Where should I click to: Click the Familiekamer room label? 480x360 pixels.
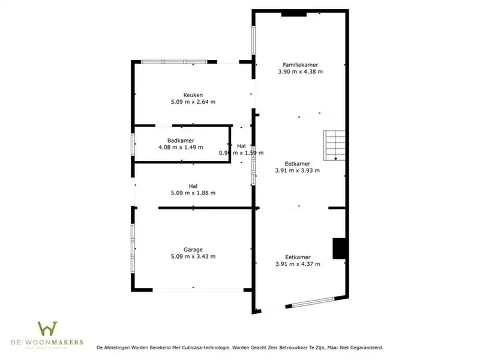pyautogui.click(x=301, y=64)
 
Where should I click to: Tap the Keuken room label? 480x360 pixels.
pyautogui.click(x=193, y=95)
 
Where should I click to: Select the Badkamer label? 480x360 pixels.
pyautogui.click(x=181, y=140)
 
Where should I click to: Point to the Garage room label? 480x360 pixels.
pyautogui.click(x=193, y=250)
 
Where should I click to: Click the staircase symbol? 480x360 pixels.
pyautogui.click(x=335, y=146)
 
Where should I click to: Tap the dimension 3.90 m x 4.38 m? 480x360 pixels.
pyautogui.click(x=301, y=71)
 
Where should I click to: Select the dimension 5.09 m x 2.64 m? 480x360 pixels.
pyautogui.click(x=193, y=102)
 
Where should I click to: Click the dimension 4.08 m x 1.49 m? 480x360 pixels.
pyautogui.click(x=181, y=148)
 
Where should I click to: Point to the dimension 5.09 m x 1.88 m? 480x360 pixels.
pyautogui.click(x=193, y=193)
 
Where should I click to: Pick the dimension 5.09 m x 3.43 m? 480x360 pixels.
pyautogui.click(x=193, y=257)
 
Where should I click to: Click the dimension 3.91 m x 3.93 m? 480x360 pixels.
pyautogui.click(x=298, y=170)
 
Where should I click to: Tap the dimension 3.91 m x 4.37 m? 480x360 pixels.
pyautogui.click(x=298, y=264)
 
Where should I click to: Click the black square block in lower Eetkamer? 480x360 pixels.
pyautogui.click(x=340, y=248)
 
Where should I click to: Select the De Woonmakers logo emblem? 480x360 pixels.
pyautogui.click(x=47, y=329)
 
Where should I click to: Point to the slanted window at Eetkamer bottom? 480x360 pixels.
pyautogui.click(x=311, y=303)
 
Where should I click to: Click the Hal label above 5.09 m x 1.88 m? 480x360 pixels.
pyautogui.click(x=193, y=186)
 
